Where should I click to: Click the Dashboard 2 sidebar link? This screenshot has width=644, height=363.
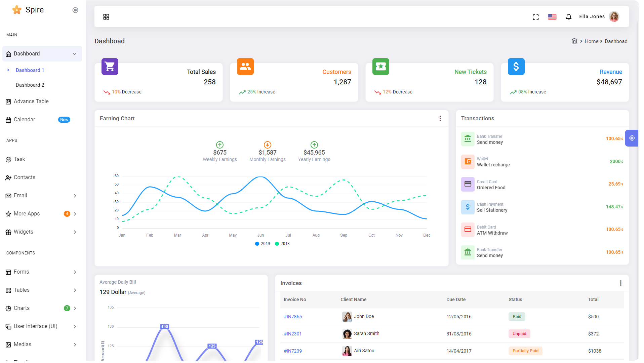(30, 85)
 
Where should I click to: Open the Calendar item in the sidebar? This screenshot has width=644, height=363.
(24, 120)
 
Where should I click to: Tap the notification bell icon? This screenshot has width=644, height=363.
(568, 17)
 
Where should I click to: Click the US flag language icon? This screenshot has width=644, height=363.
(552, 17)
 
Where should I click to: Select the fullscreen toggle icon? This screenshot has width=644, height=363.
(536, 17)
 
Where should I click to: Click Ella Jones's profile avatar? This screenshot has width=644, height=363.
(614, 16)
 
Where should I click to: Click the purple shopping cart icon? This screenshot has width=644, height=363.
(110, 67)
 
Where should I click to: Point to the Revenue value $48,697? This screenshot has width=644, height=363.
(609, 82)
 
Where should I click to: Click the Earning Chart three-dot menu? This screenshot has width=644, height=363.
(440, 118)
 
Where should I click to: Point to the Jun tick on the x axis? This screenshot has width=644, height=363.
(260, 235)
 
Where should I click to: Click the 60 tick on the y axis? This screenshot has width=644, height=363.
(117, 176)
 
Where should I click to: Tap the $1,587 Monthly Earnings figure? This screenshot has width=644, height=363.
(268, 153)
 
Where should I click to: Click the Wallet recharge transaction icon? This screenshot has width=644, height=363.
(468, 162)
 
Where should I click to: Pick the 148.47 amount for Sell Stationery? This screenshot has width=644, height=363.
(614, 207)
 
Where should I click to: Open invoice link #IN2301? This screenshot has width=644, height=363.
(293, 334)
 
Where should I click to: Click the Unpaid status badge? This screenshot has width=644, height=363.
(519, 334)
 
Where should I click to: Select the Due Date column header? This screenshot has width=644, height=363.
(456, 299)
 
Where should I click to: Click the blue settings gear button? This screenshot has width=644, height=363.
(632, 138)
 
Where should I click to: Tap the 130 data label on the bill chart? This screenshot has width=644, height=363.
(164, 327)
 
